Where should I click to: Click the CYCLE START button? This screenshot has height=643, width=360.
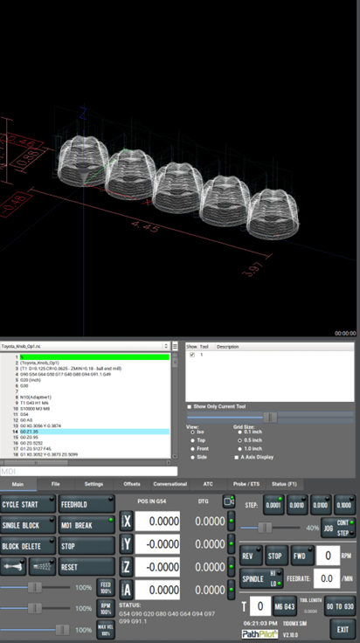coord(28,504)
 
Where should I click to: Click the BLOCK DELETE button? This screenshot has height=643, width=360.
coord(28,545)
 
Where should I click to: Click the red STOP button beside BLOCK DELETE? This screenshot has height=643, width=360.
coord(86,545)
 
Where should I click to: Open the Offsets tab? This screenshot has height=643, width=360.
coord(132,483)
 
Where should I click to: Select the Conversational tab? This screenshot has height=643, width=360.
coord(170,483)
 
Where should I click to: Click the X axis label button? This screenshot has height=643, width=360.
coord(127,522)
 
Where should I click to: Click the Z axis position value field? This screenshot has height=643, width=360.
coord(158,567)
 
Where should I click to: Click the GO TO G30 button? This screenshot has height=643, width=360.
coord(342,605)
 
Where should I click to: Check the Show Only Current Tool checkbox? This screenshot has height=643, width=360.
coord(190,407)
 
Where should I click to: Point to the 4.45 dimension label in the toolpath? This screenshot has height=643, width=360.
coord(149,228)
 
